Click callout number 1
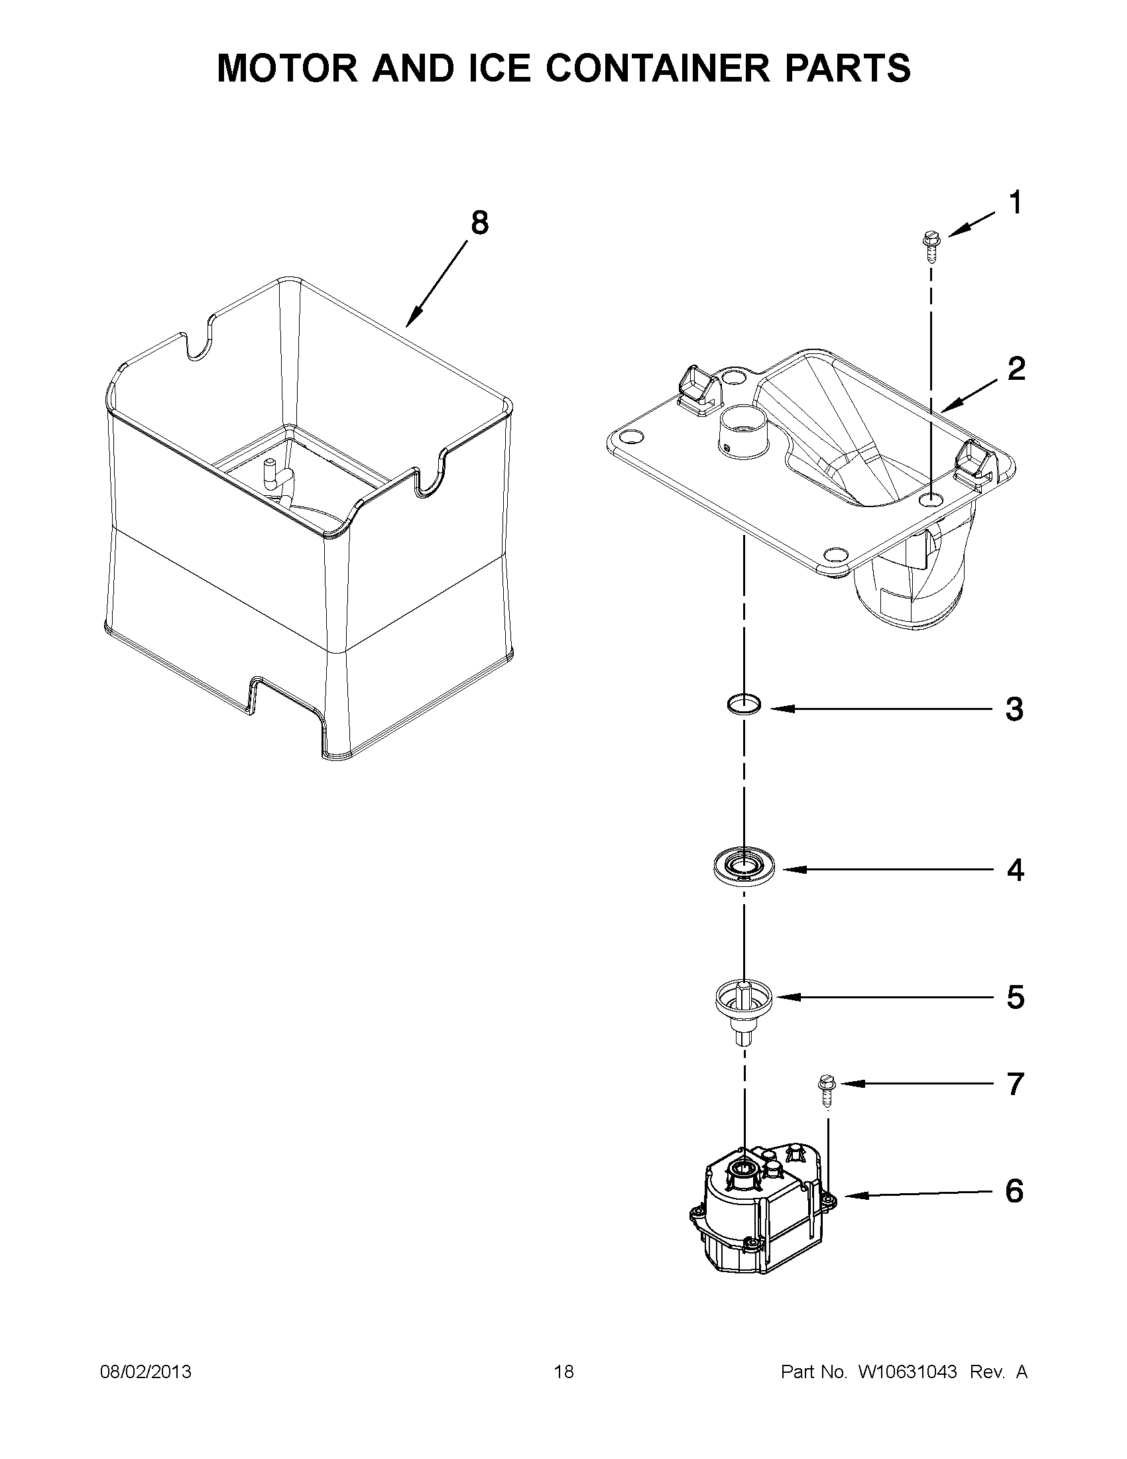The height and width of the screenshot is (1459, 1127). [x=1015, y=203]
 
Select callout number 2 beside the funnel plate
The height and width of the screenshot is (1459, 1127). [x=1016, y=369]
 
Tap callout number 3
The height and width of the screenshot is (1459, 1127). [x=1014, y=709]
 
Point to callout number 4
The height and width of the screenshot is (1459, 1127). [x=1015, y=870]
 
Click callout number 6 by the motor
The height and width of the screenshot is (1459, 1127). [x=1014, y=1191]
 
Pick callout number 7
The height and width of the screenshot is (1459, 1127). [x=1015, y=1084]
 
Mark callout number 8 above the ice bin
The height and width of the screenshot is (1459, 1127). [x=480, y=223]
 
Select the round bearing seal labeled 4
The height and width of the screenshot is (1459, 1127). [x=744, y=868]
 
